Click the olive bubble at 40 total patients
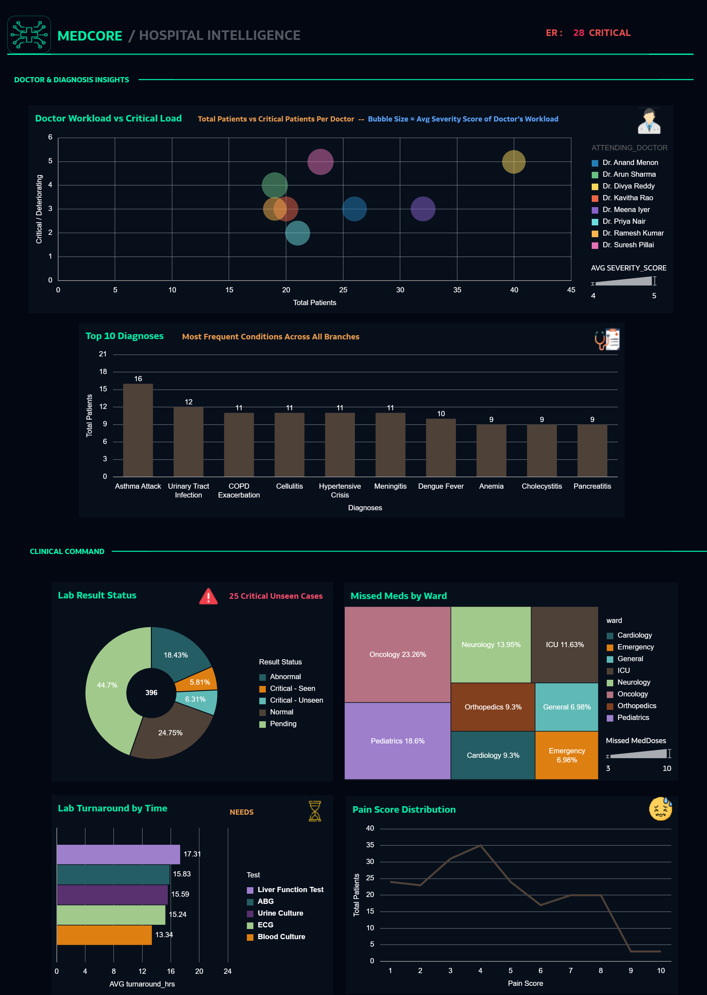pos(513,162)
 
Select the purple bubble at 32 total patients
pos(423,209)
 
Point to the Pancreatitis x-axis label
pos(592,486)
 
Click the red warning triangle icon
pos(208,596)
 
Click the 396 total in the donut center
pos(151,693)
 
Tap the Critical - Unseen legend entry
pos(296,700)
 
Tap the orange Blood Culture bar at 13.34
pos(104,935)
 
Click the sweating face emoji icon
pos(660,809)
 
